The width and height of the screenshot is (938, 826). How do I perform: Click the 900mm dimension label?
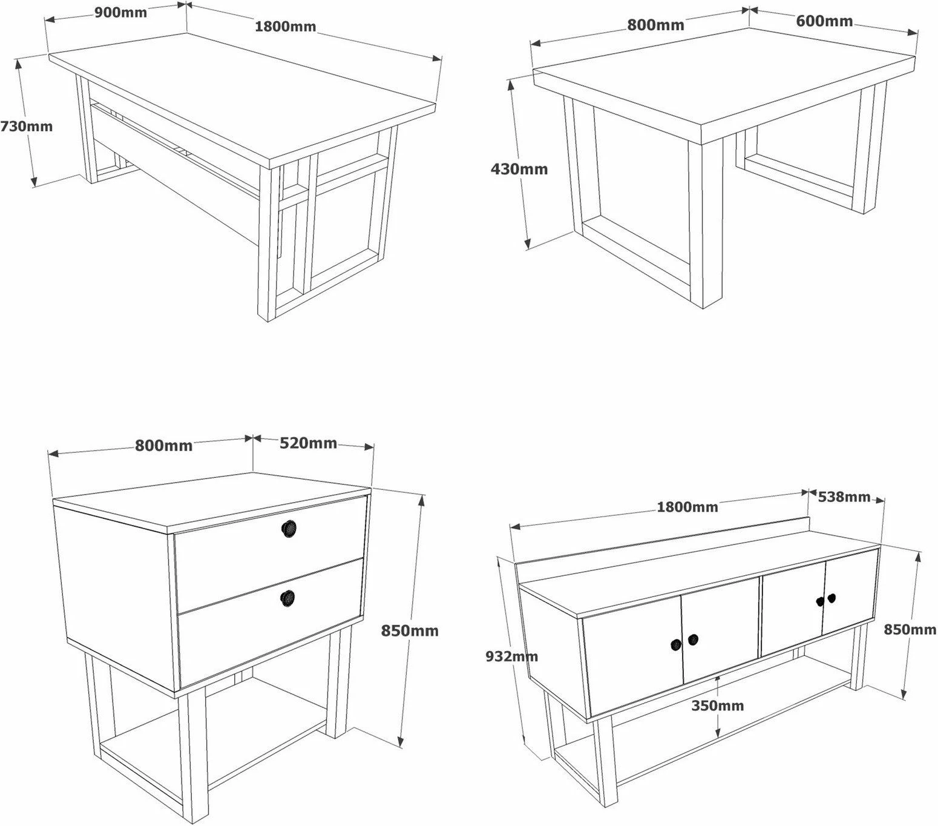pos(120,12)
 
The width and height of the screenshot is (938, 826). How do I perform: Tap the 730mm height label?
pos(26,127)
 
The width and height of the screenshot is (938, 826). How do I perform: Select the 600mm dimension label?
pos(824,21)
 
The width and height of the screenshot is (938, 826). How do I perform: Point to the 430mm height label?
pos(519,169)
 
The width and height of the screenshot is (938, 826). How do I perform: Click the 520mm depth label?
pos(308,443)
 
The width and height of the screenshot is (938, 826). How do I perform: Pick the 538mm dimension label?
pos(844,497)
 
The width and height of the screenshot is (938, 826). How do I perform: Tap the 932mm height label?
pos(511,656)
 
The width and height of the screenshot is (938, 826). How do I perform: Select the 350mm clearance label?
pos(717,705)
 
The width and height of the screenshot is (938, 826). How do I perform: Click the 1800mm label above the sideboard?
pos(687,507)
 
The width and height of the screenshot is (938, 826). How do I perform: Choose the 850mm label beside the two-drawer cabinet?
pos(409,630)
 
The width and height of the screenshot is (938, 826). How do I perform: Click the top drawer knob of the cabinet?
pos(289,528)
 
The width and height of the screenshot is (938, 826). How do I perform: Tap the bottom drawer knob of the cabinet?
pos(288,598)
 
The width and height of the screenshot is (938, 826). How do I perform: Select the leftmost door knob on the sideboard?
pos(676,645)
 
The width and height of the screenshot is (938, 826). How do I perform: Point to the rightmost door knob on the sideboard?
pos(832,598)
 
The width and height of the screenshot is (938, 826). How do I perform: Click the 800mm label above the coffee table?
pos(655,25)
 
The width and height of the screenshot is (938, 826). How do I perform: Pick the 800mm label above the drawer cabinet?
pos(163,446)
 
